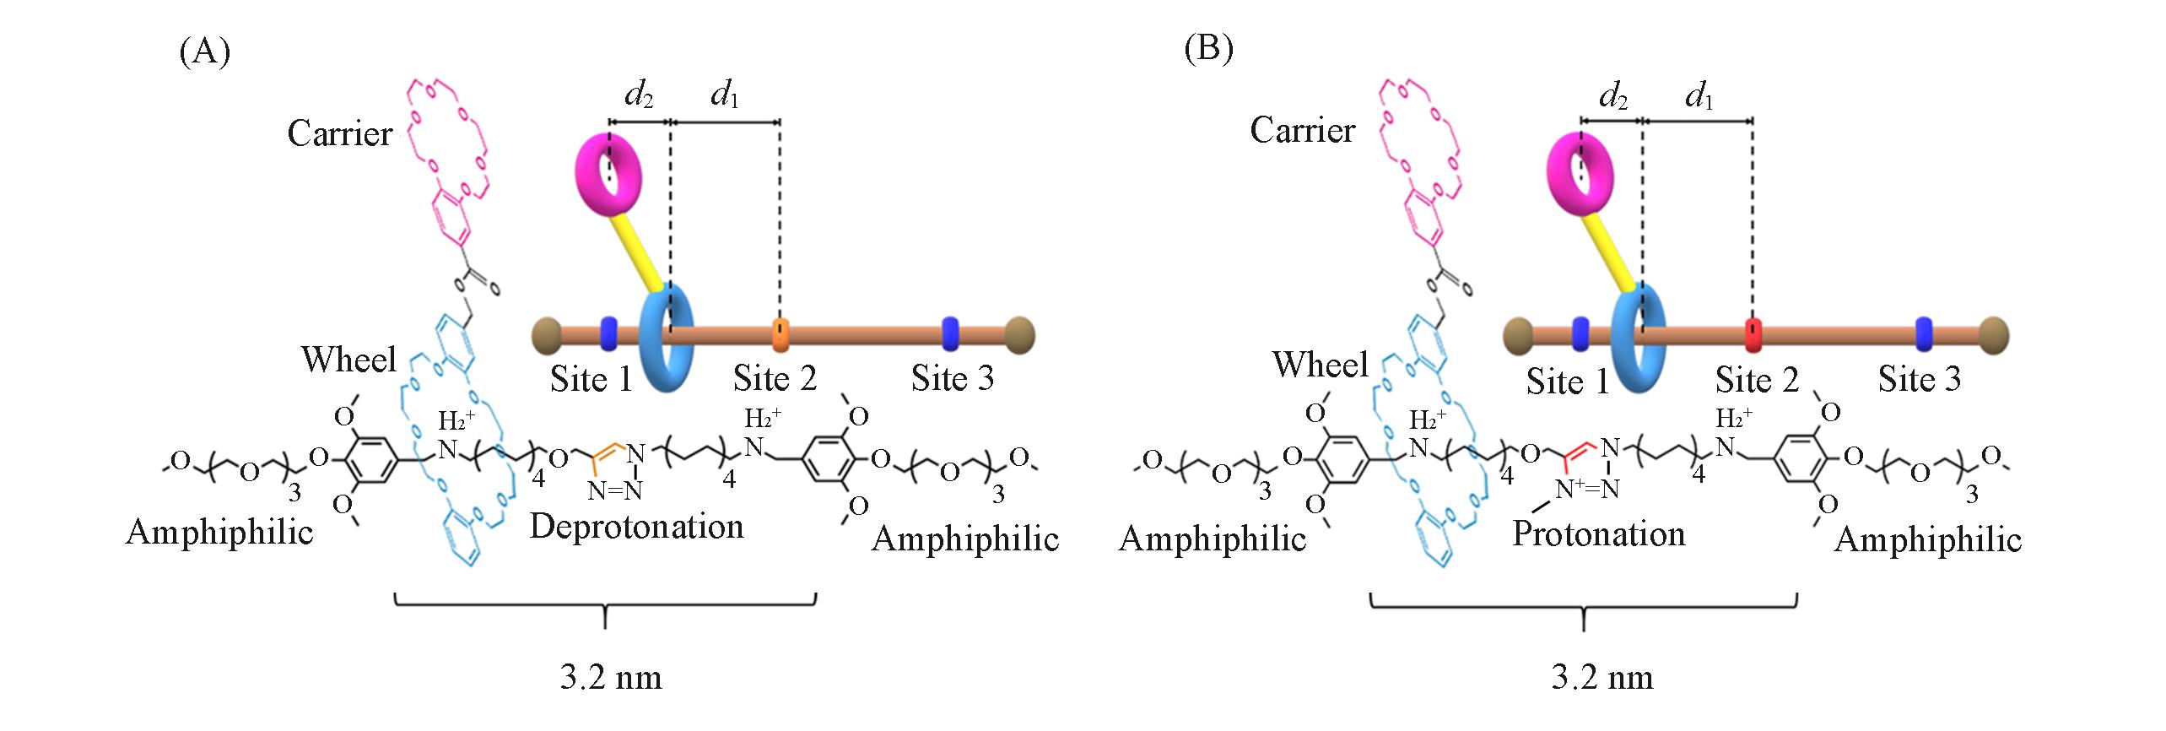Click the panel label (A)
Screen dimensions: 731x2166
point(204,52)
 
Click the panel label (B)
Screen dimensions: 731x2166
point(1208,50)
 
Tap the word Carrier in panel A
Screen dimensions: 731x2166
point(340,133)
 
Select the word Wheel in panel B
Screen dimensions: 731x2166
point(1321,364)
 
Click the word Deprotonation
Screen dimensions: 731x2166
point(637,526)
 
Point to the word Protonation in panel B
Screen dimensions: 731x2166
point(1599,533)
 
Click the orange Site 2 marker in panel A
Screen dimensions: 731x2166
point(781,335)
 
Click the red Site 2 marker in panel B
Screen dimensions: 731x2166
point(1753,335)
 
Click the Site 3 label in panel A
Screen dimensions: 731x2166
point(953,378)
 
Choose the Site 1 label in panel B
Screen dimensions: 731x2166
point(1567,382)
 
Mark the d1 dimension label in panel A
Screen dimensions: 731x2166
point(725,95)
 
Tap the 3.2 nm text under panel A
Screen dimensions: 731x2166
point(610,677)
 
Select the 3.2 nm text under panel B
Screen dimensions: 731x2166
point(1602,677)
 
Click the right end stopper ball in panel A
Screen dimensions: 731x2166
point(1019,333)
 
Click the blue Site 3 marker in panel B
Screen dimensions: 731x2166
point(1924,334)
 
